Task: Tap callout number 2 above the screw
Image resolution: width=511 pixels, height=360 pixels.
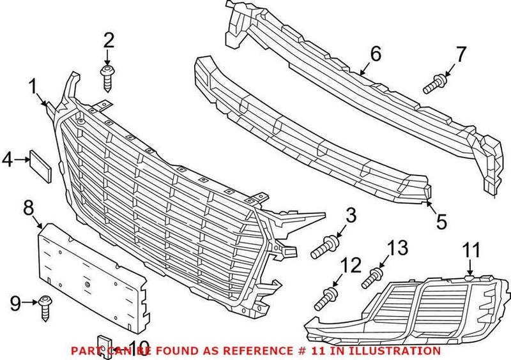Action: pos(109,41)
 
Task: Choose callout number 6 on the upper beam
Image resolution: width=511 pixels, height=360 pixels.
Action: pos(374,54)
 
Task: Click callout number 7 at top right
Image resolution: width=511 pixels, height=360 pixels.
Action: pos(461,54)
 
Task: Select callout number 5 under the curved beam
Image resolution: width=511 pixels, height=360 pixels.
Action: pos(441,221)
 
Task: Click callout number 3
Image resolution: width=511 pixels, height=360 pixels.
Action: pos(350,216)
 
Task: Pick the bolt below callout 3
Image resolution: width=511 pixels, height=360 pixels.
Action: pos(324,246)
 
